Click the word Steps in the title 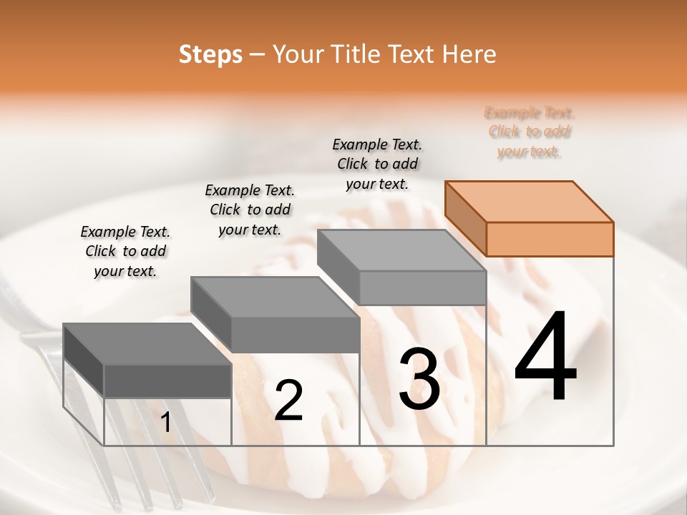pyautogui.click(x=210, y=55)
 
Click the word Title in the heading pyautogui.click(x=358, y=54)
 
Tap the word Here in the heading pyautogui.click(x=468, y=54)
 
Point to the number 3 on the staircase pyautogui.click(x=419, y=379)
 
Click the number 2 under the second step pyautogui.click(x=288, y=401)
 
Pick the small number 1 pyautogui.click(x=165, y=423)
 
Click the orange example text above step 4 pyautogui.click(x=530, y=132)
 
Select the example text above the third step pyautogui.click(x=377, y=164)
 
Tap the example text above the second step pyautogui.click(x=250, y=210)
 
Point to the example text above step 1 pyautogui.click(x=125, y=251)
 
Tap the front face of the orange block pyautogui.click(x=550, y=239)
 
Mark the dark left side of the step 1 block pyautogui.click(x=84, y=358)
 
